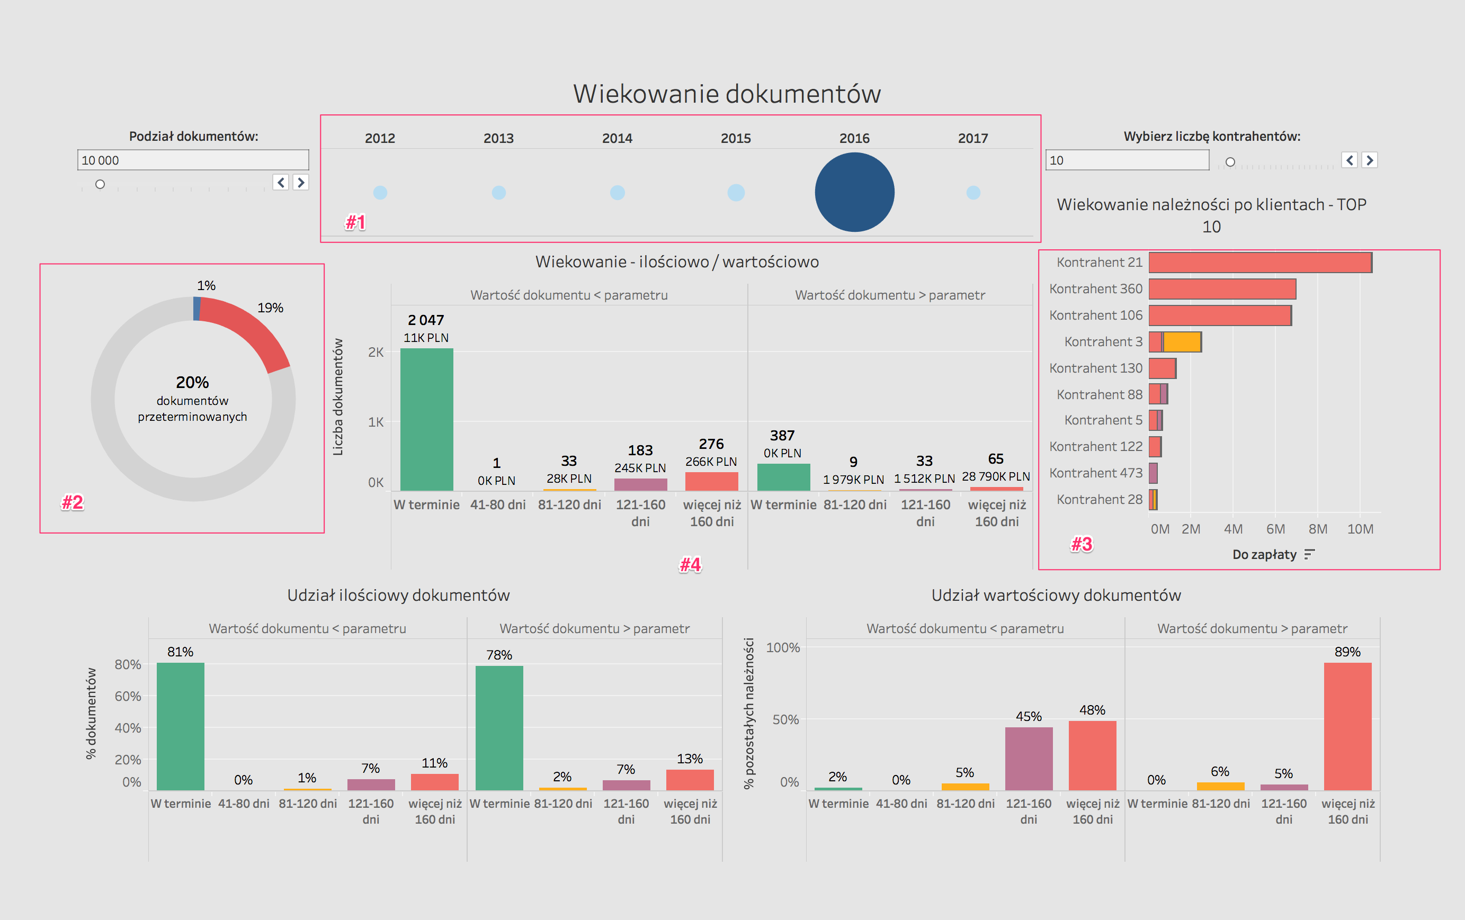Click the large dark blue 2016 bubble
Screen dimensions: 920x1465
coord(854,192)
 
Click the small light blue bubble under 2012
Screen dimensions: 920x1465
coord(380,192)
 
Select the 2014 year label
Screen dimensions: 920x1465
coord(617,138)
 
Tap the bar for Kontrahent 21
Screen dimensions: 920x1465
coord(1259,263)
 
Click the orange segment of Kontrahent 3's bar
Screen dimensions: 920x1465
coord(1182,342)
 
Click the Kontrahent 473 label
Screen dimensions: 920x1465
coord(1095,473)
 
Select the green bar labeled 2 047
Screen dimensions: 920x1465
coord(426,420)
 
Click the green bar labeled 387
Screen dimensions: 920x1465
coord(783,477)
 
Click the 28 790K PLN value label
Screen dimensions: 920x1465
coord(995,476)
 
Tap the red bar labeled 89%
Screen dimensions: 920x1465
coord(1347,726)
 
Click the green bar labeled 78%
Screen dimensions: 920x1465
coord(499,728)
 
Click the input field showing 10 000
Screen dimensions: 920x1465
coord(192,160)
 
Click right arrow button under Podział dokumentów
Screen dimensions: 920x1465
coord(300,183)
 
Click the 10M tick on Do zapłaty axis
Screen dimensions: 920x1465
coord(1360,529)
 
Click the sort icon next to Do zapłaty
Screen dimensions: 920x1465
coord(1309,554)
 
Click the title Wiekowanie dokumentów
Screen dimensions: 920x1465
coord(727,94)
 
